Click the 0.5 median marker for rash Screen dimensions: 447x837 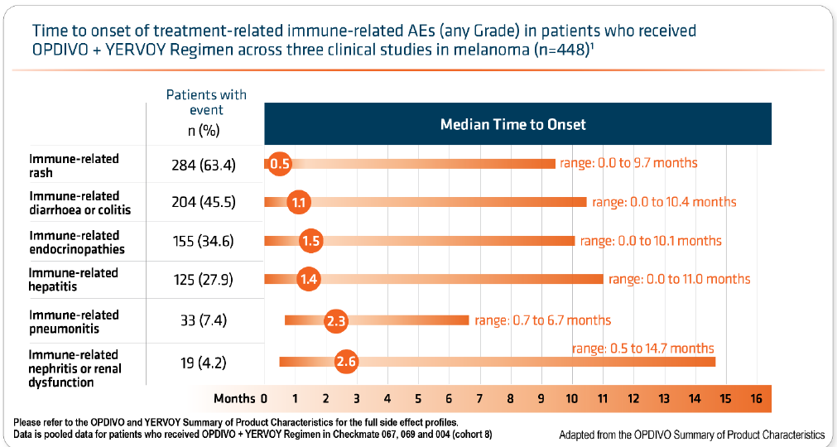tap(280, 163)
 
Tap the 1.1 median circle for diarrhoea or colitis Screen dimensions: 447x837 tap(300, 202)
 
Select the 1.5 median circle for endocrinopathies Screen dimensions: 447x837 tap(311, 241)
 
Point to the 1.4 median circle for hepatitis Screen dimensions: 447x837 tap(309, 279)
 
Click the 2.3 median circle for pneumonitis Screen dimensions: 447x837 tap(335, 320)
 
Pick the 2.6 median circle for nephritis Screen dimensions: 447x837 tap(346, 361)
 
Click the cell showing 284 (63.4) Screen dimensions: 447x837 tap(204, 165)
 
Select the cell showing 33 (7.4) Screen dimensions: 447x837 tap(204, 320)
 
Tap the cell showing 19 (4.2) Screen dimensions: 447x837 tap(204, 362)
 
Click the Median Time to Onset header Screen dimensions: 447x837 tap(512, 124)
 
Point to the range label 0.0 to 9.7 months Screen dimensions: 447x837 tap(628, 163)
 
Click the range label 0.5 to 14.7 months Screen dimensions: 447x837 tap(642, 348)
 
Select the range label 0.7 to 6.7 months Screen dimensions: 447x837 tap(542, 320)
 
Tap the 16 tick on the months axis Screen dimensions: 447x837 tap(755, 398)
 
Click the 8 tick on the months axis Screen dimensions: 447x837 tap(510, 398)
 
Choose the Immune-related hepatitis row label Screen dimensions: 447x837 tap(74, 279)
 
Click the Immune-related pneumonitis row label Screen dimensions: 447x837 tap(75, 321)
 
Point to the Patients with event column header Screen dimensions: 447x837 tap(206, 102)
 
